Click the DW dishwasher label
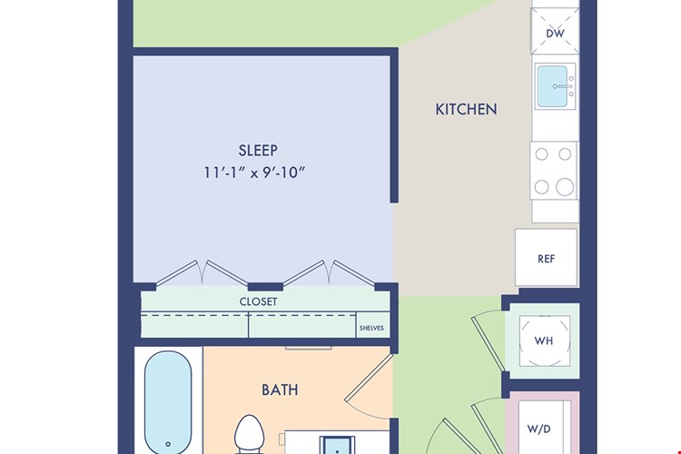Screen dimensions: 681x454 pyautogui.click(x=555, y=34)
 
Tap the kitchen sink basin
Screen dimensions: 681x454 pyautogui.click(x=552, y=86)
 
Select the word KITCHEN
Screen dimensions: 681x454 pyautogui.click(x=466, y=109)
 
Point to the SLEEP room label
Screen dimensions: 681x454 pyautogui.click(x=258, y=151)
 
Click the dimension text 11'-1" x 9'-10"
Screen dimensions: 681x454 pyautogui.click(x=254, y=173)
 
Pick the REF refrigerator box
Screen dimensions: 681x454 pyautogui.click(x=547, y=257)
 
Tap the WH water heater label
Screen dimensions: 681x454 pyautogui.click(x=544, y=340)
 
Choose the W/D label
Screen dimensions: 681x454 pyautogui.click(x=539, y=429)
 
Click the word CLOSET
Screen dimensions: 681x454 pyautogui.click(x=258, y=301)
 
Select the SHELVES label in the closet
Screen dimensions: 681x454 pyautogui.click(x=371, y=328)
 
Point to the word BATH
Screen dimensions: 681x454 pyautogui.click(x=280, y=390)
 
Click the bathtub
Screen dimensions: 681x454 pyautogui.click(x=168, y=403)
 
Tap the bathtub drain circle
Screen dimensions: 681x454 pyautogui.click(x=168, y=444)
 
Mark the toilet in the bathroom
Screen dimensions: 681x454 pyautogui.click(x=250, y=434)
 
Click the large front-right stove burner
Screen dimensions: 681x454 pyautogui.click(x=565, y=187)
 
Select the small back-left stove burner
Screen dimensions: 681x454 pyautogui.click(x=541, y=154)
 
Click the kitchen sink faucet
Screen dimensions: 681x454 pyautogui.click(x=563, y=86)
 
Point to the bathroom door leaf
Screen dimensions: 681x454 pyautogui.click(x=370, y=379)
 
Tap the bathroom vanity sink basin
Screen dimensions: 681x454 pyautogui.click(x=337, y=446)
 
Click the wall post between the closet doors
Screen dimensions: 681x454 pyautogui.click(x=265, y=287)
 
